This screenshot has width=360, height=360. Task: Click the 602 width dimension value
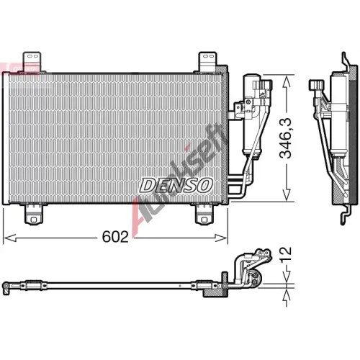pos(115,237)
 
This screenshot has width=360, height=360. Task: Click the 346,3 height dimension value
pos(285,138)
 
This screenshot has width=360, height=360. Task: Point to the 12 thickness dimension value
pos(285,254)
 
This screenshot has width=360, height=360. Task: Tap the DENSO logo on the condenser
pos(176,185)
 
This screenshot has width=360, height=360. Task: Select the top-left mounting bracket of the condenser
pos(32,61)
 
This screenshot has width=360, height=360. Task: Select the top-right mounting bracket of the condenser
pos(208,61)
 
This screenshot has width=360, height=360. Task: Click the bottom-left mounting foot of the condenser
pos(34,215)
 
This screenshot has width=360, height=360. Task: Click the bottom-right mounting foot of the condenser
pos(204,215)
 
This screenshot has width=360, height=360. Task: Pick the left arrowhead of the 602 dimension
pos(10,238)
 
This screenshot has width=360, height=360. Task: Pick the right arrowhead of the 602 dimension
pos(221,238)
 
